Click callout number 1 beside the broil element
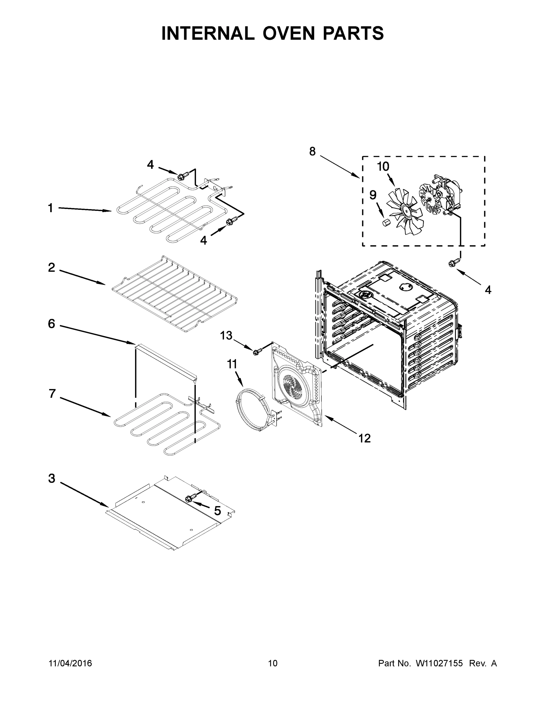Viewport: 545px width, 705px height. [x=50, y=208]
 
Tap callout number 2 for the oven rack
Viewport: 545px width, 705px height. [x=51, y=268]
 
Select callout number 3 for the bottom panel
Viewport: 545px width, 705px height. [x=52, y=479]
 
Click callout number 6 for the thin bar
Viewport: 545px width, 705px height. [x=51, y=324]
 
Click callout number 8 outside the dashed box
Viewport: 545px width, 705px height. [x=312, y=151]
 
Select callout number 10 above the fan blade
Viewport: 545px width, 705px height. [x=383, y=167]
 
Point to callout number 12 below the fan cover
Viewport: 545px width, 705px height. [x=365, y=438]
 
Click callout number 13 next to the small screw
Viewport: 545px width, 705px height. [x=226, y=336]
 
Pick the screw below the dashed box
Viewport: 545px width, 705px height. [x=452, y=263]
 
